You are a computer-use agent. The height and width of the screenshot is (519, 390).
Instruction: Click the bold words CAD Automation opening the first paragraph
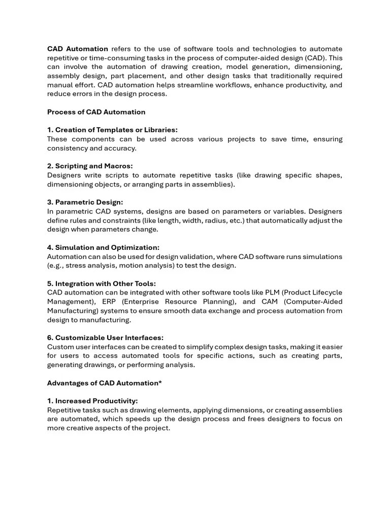tap(77, 49)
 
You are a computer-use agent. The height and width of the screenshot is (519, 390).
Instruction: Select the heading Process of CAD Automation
tap(96, 112)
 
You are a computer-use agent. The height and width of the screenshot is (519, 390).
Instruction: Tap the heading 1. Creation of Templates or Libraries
tap(112, 130)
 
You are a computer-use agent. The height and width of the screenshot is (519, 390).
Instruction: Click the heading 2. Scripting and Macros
tap(90, 166)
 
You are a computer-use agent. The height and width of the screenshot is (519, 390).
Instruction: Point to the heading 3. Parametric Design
tap(85, 202)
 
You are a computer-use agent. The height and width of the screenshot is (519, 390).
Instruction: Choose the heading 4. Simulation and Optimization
tap(103, 247)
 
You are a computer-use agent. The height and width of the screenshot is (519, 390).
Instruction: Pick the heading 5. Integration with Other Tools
tap(102, 283)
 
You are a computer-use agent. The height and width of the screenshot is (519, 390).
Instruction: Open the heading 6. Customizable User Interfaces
tap(105, 338)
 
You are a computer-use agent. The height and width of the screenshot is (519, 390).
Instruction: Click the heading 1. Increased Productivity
tap(92, 401)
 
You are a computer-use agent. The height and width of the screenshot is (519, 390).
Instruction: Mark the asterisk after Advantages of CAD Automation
tap(160, 383)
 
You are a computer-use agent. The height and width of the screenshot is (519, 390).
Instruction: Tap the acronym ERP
tap(110, 302)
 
